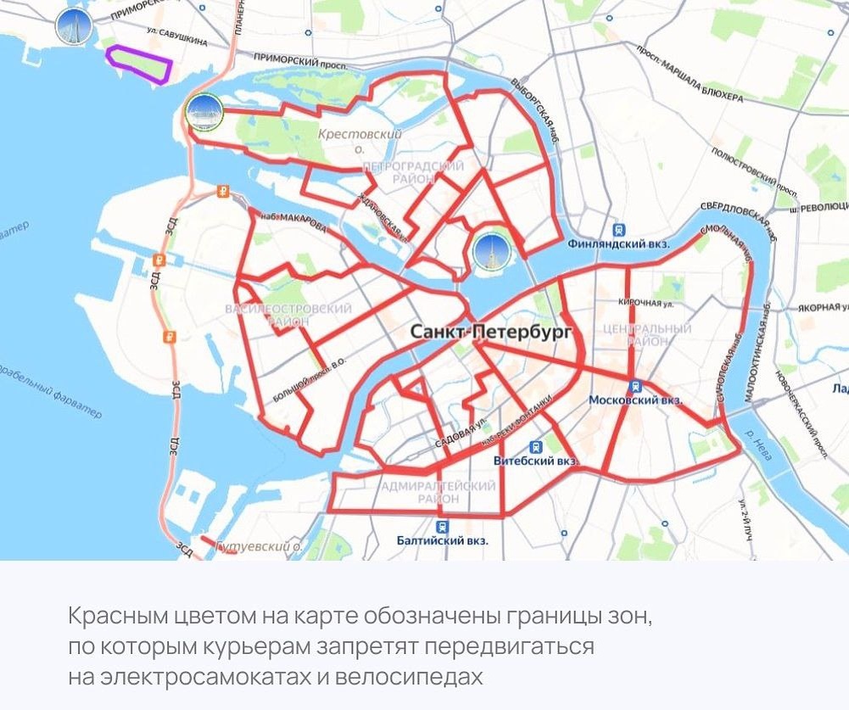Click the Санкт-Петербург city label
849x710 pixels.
coord(491,332)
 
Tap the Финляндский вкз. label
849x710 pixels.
coord(618,244)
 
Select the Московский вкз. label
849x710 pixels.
coord(635,400)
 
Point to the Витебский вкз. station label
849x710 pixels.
coord(535,461)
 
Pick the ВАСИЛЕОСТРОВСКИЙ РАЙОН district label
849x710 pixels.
coord(288,316)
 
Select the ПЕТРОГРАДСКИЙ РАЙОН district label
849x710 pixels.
coord(413,173)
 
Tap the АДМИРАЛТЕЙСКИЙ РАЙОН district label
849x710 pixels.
coord(438,493)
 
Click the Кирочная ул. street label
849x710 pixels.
coord(645,302)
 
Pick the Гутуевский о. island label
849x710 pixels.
coord(260,546)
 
